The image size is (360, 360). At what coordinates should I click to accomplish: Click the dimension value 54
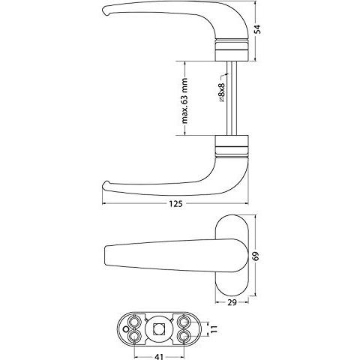257,29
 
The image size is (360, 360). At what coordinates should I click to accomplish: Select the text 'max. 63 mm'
184,101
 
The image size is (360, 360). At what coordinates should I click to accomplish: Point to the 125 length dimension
175,204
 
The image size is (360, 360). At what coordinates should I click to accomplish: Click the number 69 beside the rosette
256,256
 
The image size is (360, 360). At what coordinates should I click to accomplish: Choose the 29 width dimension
232,302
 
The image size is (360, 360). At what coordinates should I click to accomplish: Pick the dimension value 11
214,328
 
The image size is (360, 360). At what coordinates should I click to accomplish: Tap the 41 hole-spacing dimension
159,356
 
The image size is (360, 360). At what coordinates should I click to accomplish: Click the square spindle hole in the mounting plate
157,328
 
